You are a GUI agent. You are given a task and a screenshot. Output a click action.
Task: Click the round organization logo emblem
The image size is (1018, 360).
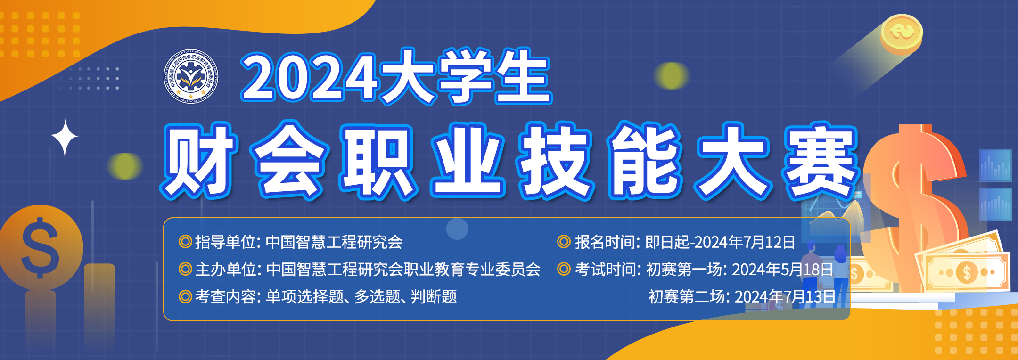tap(191, 75)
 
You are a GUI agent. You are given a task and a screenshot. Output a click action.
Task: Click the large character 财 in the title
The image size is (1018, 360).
tap(198, 161)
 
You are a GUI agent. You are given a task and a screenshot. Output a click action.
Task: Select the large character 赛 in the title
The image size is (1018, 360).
tap(821, 161)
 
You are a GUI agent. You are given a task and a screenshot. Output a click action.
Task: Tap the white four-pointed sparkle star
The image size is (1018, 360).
tap(65, 137)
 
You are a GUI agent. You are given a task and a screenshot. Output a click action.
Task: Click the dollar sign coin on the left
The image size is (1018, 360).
tap(41, 247)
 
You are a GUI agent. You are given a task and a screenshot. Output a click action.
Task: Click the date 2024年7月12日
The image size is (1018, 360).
tap(745, 242)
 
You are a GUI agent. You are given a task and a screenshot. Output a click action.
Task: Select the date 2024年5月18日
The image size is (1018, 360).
tap(782, 270)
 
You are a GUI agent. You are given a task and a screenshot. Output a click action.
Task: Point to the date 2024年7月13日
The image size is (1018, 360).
tap(785, 297)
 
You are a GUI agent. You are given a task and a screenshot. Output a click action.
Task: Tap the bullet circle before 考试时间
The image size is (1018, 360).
tap(564, 270)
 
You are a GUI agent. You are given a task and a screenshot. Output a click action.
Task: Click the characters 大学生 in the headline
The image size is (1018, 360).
tap(466, 77)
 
